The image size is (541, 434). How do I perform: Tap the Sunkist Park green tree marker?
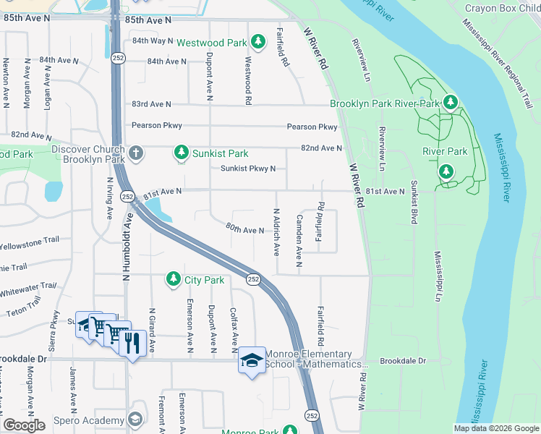click(182, 153)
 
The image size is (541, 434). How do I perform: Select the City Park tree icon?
click(173, 278)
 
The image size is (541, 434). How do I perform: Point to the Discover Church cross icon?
click(135, 153)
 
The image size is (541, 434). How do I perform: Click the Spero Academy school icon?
click(135, 420)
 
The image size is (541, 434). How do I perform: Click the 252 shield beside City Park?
click(253, 279)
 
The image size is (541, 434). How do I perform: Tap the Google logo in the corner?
click(24, 425)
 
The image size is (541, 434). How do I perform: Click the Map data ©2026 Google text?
click(495, 428)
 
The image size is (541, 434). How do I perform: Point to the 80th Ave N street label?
click(244, 230)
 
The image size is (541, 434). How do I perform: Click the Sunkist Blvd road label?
click(414, 202)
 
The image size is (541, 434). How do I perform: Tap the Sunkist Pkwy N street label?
click(248, 169)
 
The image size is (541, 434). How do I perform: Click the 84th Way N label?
click(153, 41)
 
